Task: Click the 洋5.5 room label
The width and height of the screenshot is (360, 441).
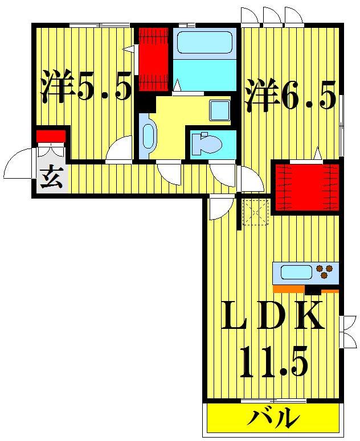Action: (x=85, y=86)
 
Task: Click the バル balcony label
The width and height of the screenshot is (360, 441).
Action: (x=273, y=419)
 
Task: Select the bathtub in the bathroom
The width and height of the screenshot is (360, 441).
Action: (x=204, y=42)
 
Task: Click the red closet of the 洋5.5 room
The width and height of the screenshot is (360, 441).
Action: (x=152, y=59)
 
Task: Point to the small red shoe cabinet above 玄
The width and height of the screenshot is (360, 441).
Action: (x=51, y=136)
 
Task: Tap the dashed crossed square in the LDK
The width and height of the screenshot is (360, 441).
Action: (x=255, y=212)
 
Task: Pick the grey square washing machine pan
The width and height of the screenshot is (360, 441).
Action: (x=219, y=110)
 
